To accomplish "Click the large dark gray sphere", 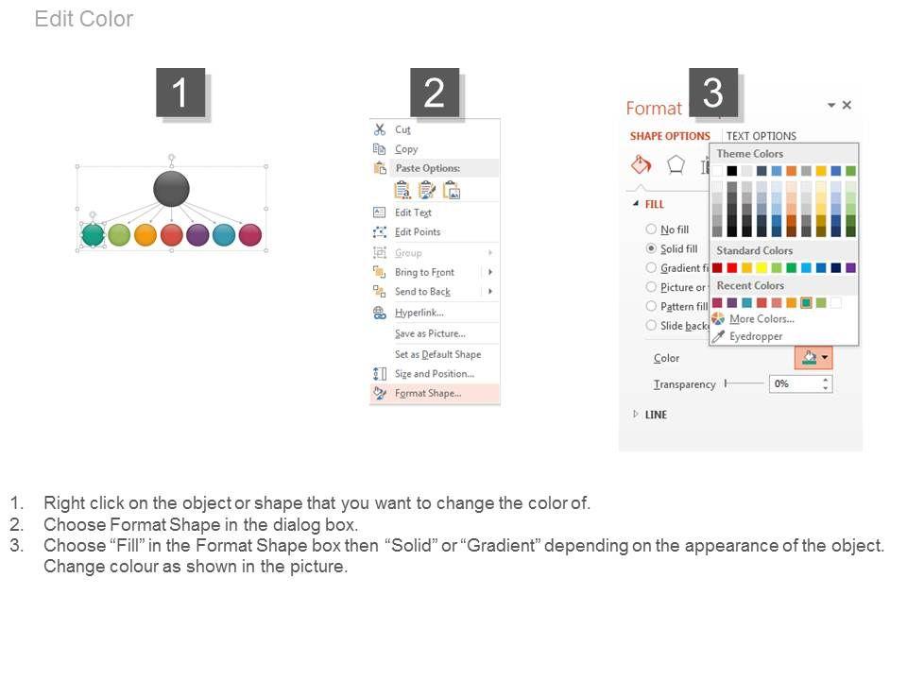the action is coord(171,189).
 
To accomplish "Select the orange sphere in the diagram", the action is coord(145,235).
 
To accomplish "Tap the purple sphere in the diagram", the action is coord(197,235).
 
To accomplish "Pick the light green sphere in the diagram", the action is coord(119,235).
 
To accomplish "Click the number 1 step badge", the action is coord(180,93).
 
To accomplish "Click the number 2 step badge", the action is coord(435,93).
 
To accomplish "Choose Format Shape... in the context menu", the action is coord(428,393).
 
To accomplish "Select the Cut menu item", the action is coord(402,129).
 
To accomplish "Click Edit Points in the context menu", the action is coord(418,232).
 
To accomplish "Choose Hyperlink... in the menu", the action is coord(419,313).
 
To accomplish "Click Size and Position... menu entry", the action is coord(435,374).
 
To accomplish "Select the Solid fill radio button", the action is coord(651,248).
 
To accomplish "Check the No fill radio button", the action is coord(651,229).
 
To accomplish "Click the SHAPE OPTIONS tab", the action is coord(670,136).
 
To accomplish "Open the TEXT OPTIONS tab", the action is coord(762,136).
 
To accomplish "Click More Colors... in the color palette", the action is coord(762,318).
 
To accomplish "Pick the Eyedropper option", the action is coord(756,336).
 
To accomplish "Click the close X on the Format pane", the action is coord(847,105).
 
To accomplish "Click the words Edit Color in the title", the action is coord(84,19).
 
